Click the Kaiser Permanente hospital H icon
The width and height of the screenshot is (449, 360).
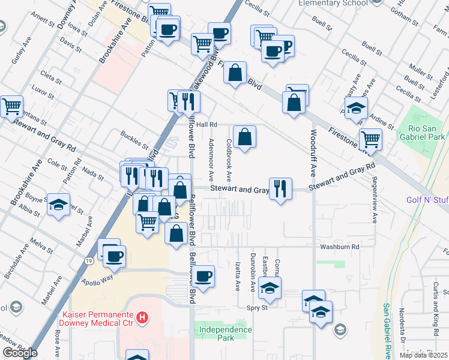142,317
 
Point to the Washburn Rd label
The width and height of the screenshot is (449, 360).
339,247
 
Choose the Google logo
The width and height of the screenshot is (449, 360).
20,353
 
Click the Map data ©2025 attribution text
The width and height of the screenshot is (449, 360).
424,355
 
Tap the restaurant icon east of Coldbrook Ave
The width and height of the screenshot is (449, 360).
280,189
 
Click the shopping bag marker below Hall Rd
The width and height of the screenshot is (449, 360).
244,137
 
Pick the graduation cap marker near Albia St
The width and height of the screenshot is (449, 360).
58,205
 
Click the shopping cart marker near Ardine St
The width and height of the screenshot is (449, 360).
370,139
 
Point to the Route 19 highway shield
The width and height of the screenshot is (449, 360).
88,262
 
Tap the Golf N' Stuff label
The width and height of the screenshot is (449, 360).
427,199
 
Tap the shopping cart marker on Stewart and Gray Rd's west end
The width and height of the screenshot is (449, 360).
11,107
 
